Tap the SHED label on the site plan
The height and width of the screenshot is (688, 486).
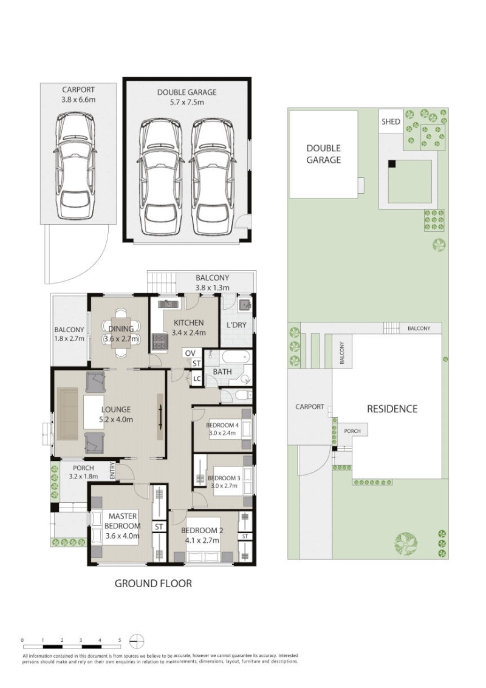tap(390, 121)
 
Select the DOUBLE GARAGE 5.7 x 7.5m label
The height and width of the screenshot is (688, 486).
tap(187, 97)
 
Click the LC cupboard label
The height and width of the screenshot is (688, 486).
tap(197, 379)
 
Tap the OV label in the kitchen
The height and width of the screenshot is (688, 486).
tap(190, 353)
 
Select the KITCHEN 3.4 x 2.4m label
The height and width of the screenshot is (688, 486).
tap(189, 327)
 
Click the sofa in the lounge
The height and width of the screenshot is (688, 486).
tap(67, 413)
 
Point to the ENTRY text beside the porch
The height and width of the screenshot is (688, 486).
tap(112, 470)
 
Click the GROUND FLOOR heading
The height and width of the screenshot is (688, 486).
tap(153, 584)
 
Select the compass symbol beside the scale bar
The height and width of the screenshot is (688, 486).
tap(137, 641)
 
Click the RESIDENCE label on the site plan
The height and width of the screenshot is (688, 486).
tap(392, 409)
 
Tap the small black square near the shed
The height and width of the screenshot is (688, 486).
tap(392, 163)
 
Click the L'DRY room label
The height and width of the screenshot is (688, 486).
tap(236, 325)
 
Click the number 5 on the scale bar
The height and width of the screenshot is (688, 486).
tap(120, 640)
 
